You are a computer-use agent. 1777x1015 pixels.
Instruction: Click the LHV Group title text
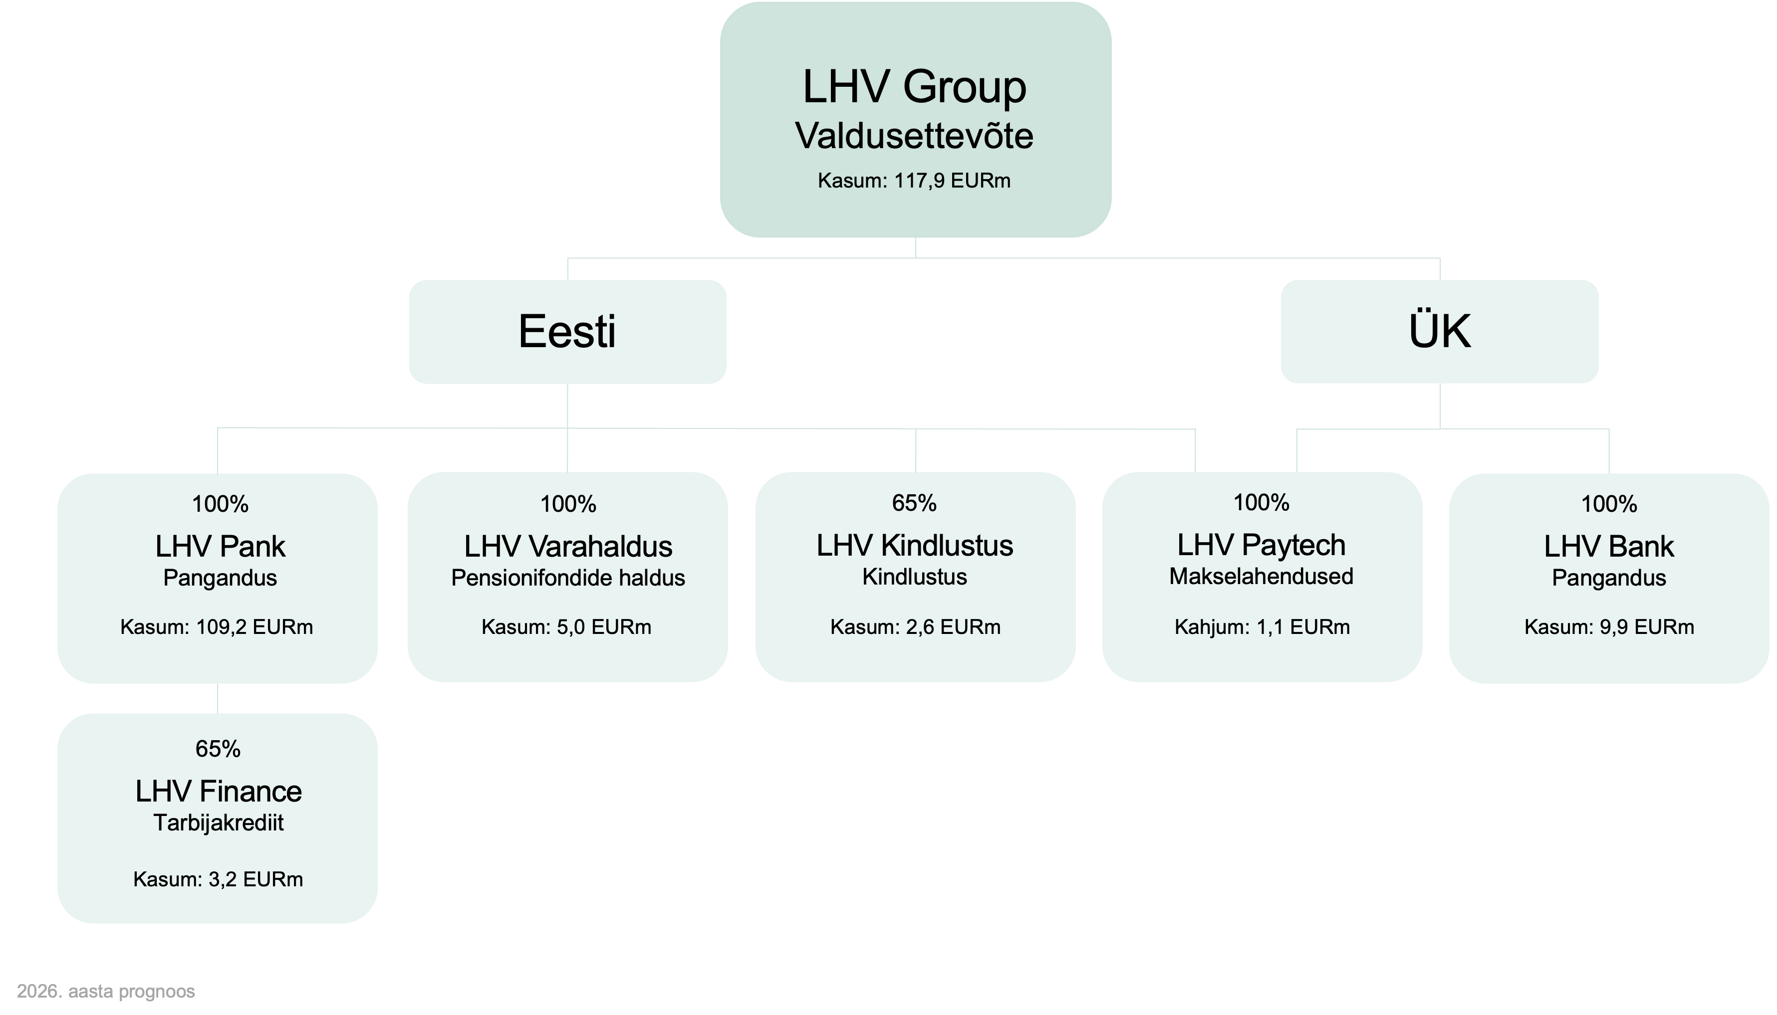914,87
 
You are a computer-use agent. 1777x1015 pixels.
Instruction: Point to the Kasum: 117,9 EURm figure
914,181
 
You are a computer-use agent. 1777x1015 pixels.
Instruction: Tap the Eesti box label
567,332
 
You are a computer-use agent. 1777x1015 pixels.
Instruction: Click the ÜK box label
1440,332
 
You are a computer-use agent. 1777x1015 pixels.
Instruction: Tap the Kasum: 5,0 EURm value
566,627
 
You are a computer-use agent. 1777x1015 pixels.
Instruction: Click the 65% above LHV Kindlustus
914,503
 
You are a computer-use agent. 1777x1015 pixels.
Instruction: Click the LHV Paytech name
1261,545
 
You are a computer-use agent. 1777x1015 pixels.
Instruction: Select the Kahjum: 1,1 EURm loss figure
1262,627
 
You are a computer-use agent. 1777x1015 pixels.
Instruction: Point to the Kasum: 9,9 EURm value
1609,627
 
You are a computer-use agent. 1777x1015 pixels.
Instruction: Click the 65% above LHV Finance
218,749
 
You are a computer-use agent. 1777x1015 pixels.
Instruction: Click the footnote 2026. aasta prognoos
106,991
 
